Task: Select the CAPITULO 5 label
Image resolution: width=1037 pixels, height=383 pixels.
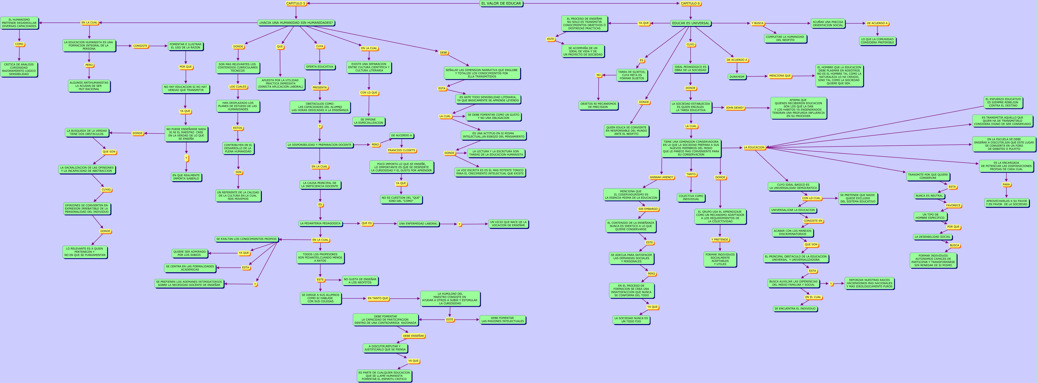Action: (296, 4)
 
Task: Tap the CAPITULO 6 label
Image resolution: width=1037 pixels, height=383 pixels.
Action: (690, 4)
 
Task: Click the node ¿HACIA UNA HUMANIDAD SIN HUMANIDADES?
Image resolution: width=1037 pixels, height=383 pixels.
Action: (296, 23)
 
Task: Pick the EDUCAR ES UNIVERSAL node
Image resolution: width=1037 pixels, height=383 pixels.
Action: (690, 23)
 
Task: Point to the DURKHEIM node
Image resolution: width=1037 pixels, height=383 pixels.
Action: (737, 77)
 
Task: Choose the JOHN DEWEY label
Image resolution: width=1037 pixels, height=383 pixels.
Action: (735, 108)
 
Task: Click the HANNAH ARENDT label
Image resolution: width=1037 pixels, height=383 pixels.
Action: (662, 177)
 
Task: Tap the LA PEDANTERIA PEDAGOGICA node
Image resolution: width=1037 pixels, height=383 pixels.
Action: (320, 223)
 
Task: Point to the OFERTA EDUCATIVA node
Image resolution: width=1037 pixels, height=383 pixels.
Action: (320, 67)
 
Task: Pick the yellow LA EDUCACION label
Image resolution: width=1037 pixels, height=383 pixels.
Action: (754, 148)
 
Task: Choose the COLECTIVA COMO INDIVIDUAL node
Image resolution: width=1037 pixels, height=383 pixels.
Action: (691, 197)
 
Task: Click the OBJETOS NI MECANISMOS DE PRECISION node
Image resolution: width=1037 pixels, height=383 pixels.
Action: (598, 106)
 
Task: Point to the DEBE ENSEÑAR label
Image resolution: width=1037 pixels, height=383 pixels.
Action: (413, 336)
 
